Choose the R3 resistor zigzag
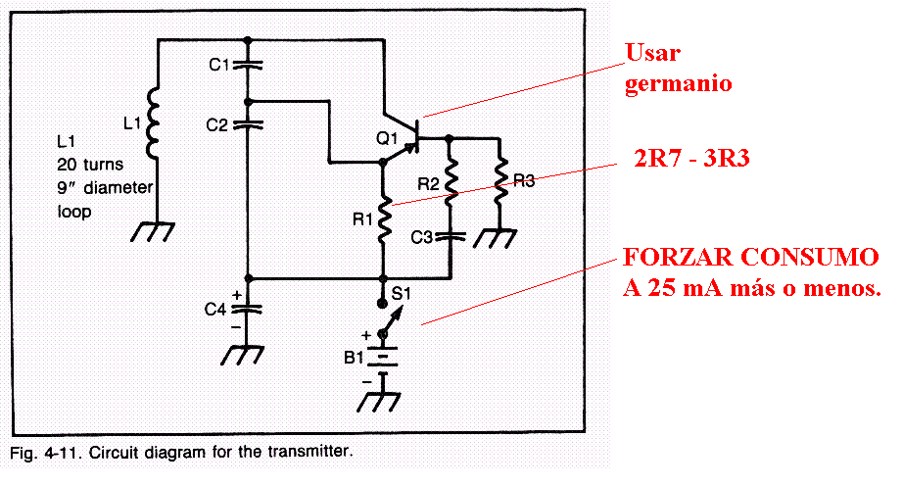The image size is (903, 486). click(500, 180)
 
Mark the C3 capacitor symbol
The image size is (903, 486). click(450, 236)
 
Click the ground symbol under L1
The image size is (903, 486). click(155, 231)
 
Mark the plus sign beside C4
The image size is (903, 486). click(237, 293)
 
